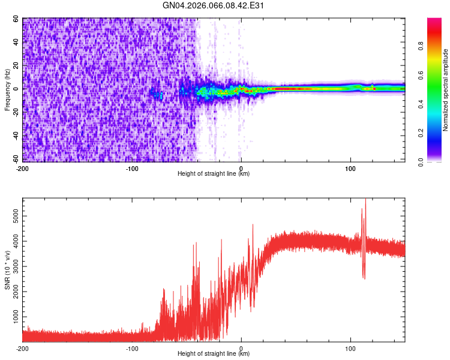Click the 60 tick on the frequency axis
pyautogui.click(x=17, y=19)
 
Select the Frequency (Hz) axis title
pyautogui.click(x=7, y=89)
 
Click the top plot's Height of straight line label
pyautogui.click(x=214, y=174)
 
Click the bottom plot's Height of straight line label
pyautogui.click(x=214, y=354)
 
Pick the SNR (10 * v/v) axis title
pyautogui.click(x=7, y=270)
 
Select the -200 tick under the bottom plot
pyautogui.click(x=22, y=348)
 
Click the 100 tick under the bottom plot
pyautogui.click(x=350, y=348)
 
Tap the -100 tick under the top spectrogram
pyautogui.click(x=131, y=168)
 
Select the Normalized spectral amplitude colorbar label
pyautogui.click(x=446, y=90)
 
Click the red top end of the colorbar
pyautogui.click(x=435, y=21)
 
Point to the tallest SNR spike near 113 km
pyautogui.click(x=365, y=200)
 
